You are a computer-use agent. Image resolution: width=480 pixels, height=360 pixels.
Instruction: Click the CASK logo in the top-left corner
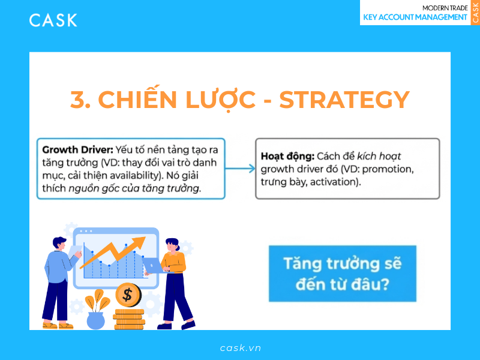point(53,20)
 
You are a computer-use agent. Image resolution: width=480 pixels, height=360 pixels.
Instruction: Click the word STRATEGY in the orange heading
point(344,100)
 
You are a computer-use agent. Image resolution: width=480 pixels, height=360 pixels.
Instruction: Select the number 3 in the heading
point(76,100)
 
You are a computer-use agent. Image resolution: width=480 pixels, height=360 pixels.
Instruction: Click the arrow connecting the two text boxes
point(241,169)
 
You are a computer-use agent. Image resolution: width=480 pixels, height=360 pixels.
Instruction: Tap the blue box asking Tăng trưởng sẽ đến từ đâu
point(343,273)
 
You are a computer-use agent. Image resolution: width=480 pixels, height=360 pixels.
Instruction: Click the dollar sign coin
point(127,294)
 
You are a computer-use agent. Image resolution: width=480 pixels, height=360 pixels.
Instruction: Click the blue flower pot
point(95,319)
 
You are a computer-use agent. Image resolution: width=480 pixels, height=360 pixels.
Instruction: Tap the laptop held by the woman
point(152,265)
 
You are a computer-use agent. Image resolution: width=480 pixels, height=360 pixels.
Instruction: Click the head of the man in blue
point(59,243)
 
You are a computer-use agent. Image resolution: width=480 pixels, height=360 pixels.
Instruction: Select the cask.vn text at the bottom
point(240,347)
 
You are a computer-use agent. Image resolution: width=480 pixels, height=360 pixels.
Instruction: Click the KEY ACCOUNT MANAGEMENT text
point(416,17)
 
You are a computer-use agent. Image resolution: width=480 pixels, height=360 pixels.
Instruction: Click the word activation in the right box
point(332,181)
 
